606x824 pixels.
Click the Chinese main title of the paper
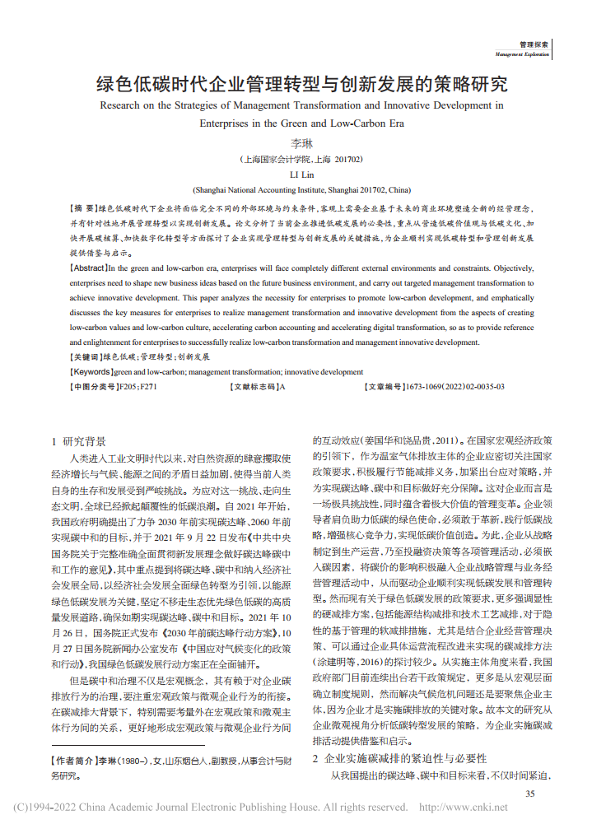click(302, 84)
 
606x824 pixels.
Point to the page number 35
click(530, 793)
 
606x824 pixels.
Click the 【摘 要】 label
click(83, 209)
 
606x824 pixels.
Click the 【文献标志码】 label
click(254, 385)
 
